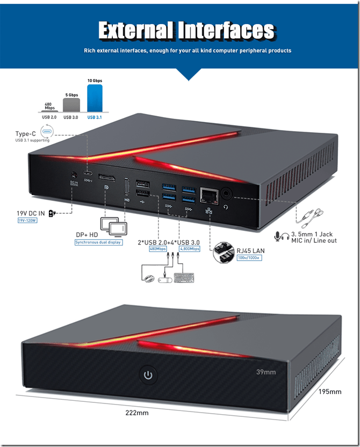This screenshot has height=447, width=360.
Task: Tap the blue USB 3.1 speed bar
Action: (x=95, y=98)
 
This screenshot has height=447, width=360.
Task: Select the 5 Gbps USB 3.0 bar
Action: (x=71, y=104)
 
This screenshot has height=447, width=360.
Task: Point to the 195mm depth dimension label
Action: (x=329, y=392)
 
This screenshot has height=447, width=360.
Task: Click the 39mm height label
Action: (x=266, y=372)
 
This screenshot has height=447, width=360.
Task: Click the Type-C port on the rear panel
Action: (x=88, y=175)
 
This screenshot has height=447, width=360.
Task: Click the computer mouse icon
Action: (x=149, y=278)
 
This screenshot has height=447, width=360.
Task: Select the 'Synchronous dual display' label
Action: (x=98, y=242)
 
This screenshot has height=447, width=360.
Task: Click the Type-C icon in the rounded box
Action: (x=47, y=132)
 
